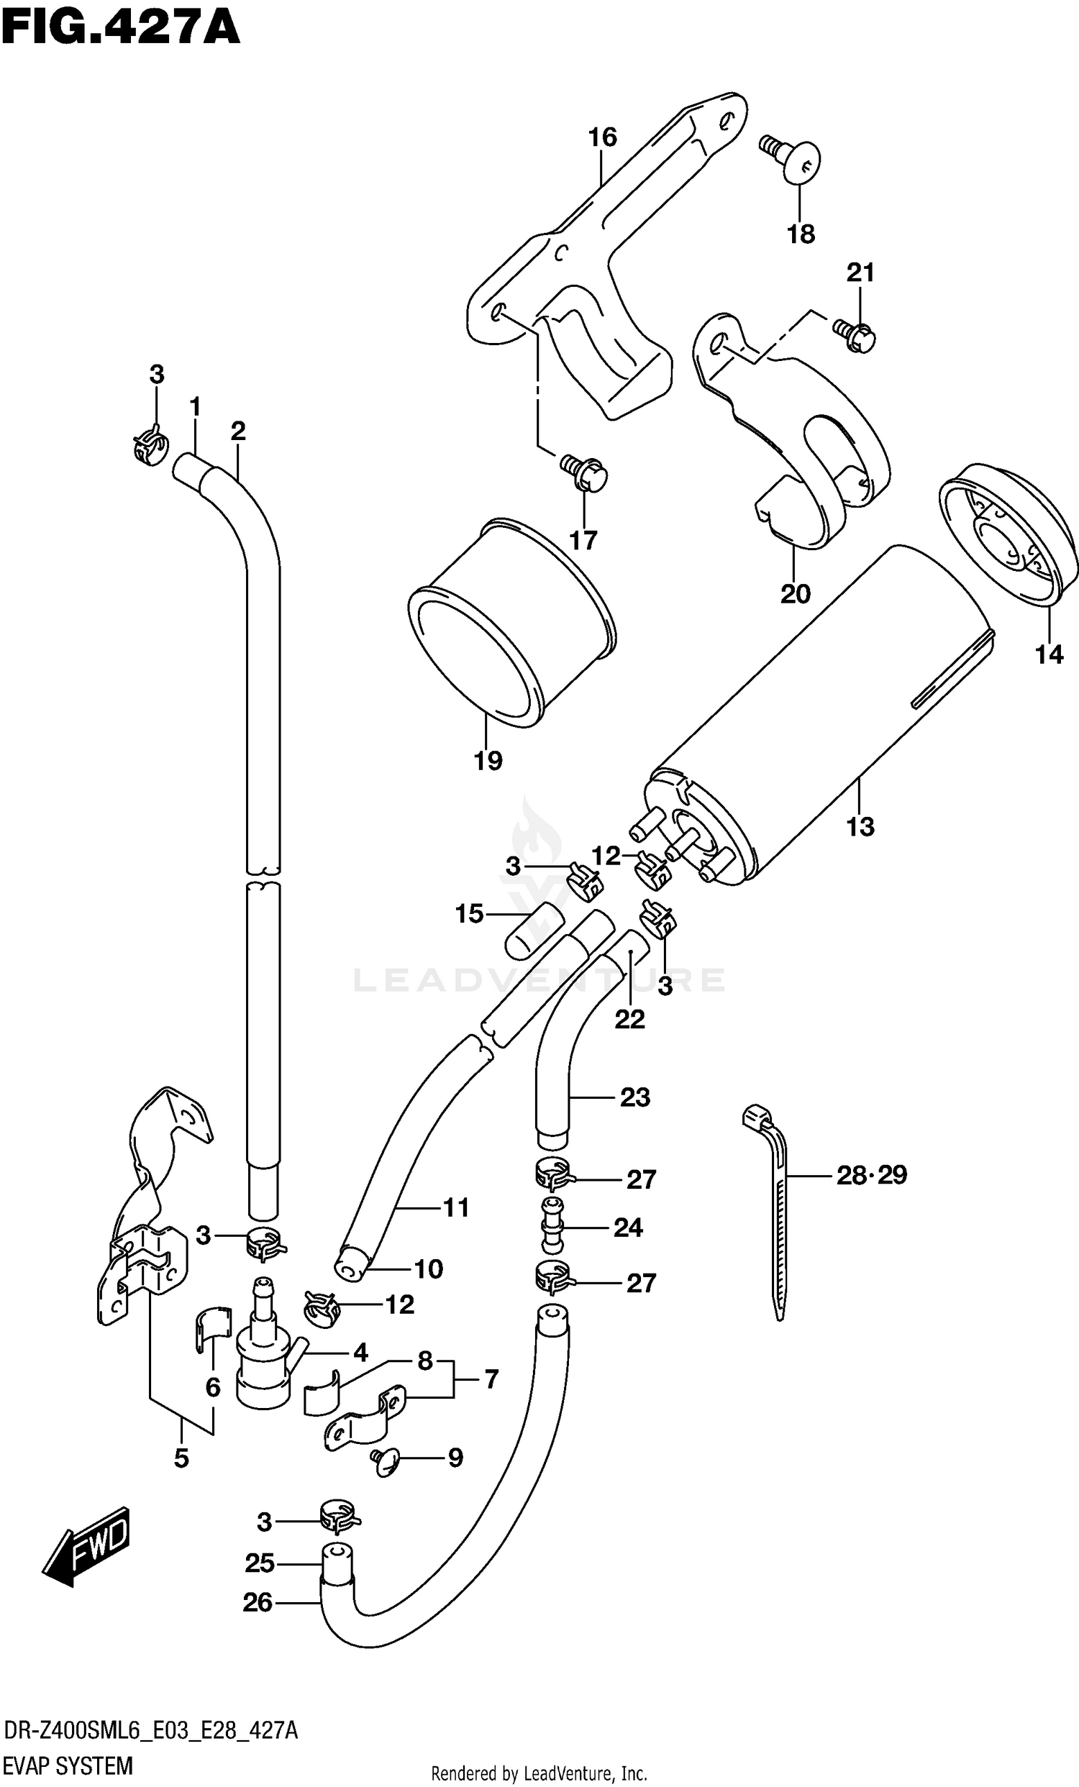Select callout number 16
(x=602, y=137)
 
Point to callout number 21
(x=860, y=273)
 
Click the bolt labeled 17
(x=585, y=472)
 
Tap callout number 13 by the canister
(x=860, y=826)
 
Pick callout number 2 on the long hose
(x=238, y=431)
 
